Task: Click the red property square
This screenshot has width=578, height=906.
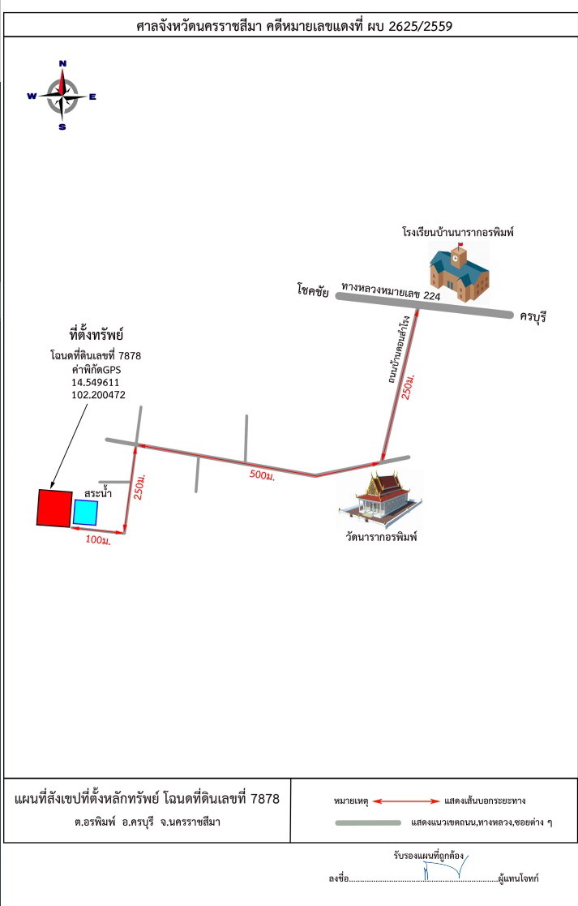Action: click(55, 509)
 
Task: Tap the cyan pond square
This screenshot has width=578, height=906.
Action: click(85, 513)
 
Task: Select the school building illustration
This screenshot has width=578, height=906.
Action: click(459, 273)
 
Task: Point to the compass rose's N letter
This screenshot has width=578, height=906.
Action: click(62, 63)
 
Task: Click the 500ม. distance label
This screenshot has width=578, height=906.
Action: click(262, 475)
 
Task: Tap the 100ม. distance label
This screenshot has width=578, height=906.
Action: click(98, 539)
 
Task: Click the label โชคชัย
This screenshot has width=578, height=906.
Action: click(313, 290)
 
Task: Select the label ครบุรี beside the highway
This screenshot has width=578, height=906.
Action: click(533, 316)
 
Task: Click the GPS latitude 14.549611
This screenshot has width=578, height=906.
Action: click(96, 383)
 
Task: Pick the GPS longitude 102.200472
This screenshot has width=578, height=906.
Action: click(98, 395)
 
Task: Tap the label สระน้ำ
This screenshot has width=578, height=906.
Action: click(97, 493)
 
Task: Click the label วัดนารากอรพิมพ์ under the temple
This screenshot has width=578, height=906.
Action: click(381, 537)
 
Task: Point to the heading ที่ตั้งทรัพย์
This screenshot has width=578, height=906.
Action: click(96, 334)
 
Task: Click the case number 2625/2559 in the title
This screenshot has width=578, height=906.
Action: click(421, 26)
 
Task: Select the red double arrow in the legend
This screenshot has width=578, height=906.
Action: click(406, 801)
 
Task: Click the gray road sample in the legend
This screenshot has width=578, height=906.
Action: click(368, 822)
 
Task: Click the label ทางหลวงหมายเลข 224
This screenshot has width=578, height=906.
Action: click(391, 290)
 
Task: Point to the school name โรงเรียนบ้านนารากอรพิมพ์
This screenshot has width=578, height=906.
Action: click(458, 232)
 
